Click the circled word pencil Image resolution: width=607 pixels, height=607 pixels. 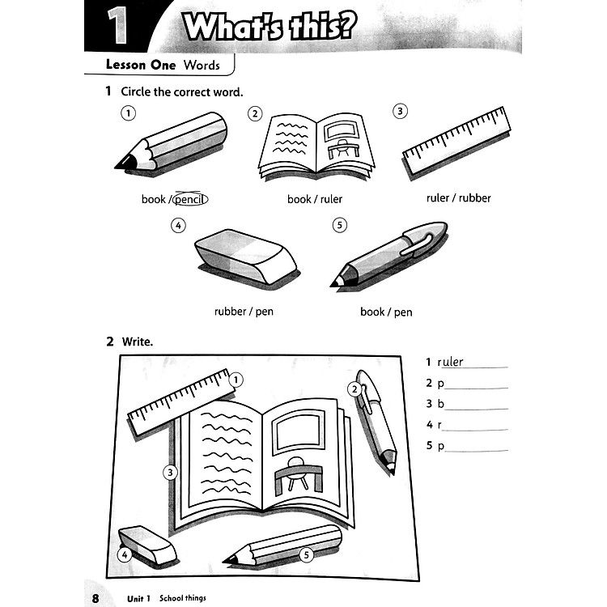189,199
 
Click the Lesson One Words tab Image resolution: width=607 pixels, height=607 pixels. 158,64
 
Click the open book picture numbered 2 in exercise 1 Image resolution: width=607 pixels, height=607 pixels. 316,146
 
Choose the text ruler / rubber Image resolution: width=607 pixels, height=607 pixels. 458,197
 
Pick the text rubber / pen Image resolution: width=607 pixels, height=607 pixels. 244,312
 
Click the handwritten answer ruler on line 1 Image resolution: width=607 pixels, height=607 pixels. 451,363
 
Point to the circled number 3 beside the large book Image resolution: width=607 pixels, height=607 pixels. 170,473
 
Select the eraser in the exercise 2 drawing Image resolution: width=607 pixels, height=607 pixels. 147,547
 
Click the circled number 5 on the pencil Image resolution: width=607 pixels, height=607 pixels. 306,554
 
